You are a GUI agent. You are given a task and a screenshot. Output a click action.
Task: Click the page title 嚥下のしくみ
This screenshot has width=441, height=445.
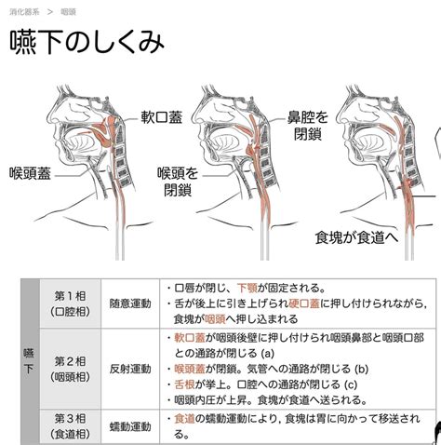coord(87,42)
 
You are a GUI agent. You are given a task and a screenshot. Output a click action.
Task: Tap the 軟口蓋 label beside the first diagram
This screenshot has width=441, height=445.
coord(161,117)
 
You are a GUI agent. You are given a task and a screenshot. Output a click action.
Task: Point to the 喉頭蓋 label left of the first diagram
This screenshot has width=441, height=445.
coord(30,173)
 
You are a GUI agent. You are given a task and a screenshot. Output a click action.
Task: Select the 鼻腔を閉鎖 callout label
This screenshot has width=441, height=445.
coord(307,126)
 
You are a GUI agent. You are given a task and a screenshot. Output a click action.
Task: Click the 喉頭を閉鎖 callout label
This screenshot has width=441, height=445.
coord(178,182)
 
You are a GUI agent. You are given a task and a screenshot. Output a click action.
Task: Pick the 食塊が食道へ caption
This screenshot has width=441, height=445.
coord(356,237)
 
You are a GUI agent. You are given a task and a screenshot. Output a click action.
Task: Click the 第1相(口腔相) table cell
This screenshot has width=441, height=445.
coord(70,303)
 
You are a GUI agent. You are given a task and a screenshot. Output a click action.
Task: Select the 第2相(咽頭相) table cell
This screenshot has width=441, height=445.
coord(70,369)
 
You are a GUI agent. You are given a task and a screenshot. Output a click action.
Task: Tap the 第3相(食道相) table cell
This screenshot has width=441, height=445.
coord(70,426)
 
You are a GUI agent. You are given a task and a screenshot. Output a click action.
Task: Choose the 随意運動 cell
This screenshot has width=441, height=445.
coord(130,303)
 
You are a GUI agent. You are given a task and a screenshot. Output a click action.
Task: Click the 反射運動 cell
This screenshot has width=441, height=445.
coord(130,369)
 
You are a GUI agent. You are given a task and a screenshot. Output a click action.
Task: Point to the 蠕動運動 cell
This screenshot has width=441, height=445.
coord(130,426)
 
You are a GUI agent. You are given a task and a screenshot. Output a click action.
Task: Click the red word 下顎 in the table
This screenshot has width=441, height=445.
coord(247,288)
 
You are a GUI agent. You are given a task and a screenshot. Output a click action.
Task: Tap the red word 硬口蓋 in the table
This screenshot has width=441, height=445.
coord(304,303)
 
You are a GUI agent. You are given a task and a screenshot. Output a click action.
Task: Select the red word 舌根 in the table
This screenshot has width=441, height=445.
coord(184,384)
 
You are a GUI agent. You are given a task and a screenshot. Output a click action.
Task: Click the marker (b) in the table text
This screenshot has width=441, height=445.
coord(361,369)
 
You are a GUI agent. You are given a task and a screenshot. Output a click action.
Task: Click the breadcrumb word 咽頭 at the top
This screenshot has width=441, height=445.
coord(68,12)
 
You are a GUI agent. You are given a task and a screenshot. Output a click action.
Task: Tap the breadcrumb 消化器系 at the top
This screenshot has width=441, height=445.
coord(24,12)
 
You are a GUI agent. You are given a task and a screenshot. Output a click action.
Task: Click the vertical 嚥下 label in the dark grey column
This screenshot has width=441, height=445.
coord(29,361)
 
